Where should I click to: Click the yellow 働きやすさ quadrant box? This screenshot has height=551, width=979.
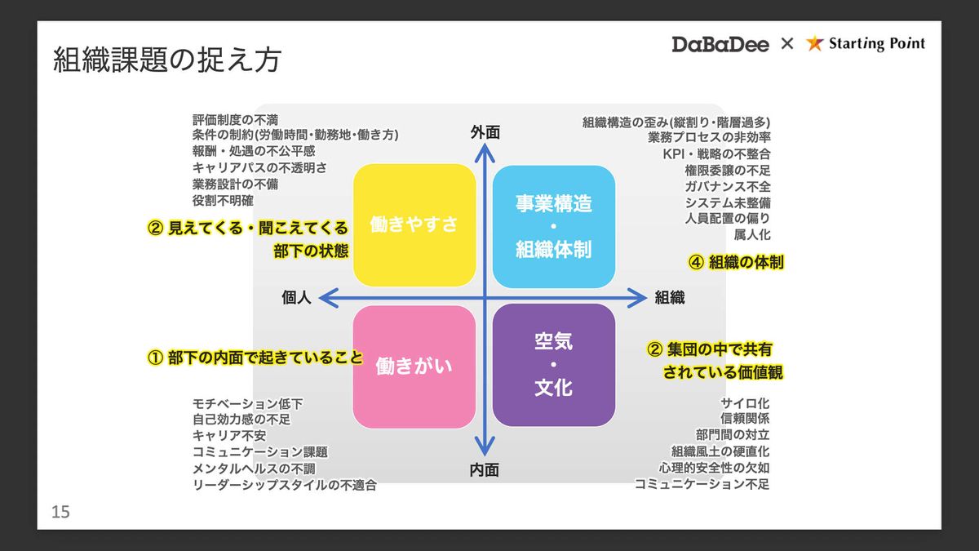414,225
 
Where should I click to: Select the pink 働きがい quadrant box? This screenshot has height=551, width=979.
414,367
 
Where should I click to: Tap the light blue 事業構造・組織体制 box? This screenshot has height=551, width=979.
553,226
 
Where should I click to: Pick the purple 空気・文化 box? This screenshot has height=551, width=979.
553,365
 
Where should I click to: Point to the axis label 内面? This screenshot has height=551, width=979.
485,470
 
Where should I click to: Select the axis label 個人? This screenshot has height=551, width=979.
296,298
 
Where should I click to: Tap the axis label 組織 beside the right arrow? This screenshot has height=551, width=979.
670,298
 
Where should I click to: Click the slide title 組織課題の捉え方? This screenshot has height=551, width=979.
167,60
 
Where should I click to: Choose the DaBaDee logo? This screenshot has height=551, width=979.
720,44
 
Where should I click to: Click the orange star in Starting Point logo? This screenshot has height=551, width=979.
814,44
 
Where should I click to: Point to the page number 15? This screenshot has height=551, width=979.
60,513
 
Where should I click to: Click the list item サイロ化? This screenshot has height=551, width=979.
745,403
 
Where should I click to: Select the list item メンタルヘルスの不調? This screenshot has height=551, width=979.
253,469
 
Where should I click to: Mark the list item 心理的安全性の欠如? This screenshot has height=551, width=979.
714,468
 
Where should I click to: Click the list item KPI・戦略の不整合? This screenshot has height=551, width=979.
716,153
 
